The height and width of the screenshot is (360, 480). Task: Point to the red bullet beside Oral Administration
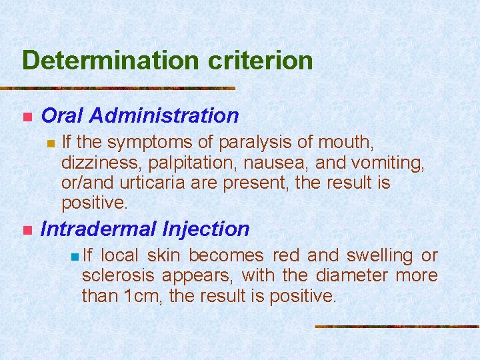click(x=27, y=117)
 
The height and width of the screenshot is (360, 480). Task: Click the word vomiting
click(x=389, y=162)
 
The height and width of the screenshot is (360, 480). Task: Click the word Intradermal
click(x=98, y=229)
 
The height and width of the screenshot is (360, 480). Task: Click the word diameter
click(x=356, y=275)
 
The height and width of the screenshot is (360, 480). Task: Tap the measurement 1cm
click(x=145, y=295)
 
